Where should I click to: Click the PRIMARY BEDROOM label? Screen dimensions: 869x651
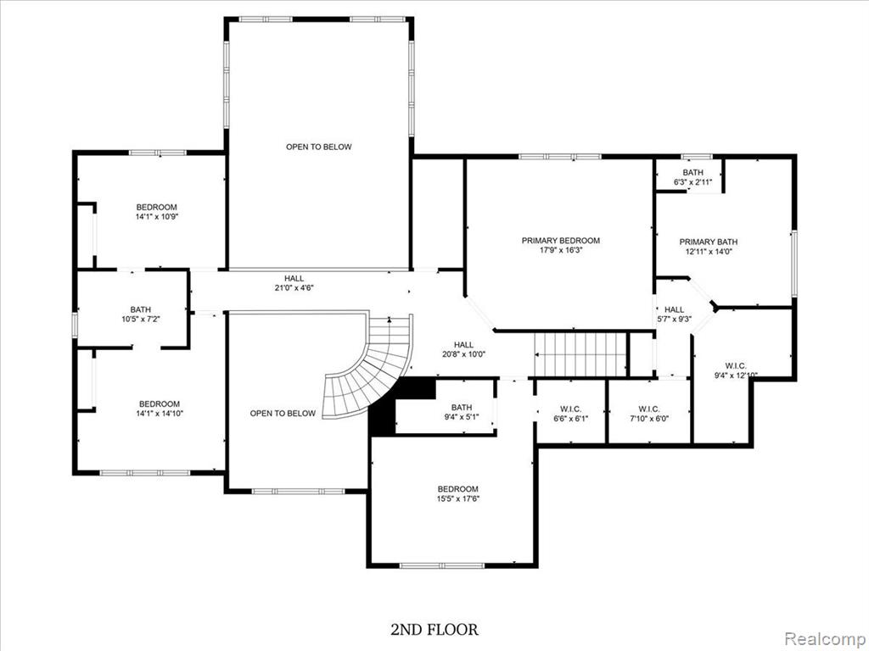tap(560, 241)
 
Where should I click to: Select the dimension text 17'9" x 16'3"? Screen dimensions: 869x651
tap(561, 250)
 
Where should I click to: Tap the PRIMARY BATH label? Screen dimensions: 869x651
tap(709, 242)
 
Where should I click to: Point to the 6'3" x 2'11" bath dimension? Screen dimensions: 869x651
tap(692, 182)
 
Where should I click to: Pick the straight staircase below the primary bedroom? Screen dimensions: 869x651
tap(580, 354)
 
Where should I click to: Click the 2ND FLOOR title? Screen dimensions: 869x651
tap(434, 630)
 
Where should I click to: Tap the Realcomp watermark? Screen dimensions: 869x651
tap(823, 639)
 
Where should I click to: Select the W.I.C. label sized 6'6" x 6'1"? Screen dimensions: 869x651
tap(571, 409)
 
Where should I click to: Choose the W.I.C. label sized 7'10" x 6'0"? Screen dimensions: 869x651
tap(649, 409)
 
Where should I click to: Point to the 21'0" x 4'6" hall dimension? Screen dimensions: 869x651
tap(294, 288)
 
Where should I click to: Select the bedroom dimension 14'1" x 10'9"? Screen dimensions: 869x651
tap(157, 216)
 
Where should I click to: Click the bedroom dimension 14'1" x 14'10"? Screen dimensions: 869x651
tap(160, 413)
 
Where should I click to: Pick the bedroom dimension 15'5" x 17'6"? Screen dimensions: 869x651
tap(457, 498)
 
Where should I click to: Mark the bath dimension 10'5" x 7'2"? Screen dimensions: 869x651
tap(141, 319)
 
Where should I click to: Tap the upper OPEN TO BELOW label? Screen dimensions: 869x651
tap(319, 147)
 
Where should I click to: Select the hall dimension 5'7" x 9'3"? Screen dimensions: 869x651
tap(674, 319)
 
